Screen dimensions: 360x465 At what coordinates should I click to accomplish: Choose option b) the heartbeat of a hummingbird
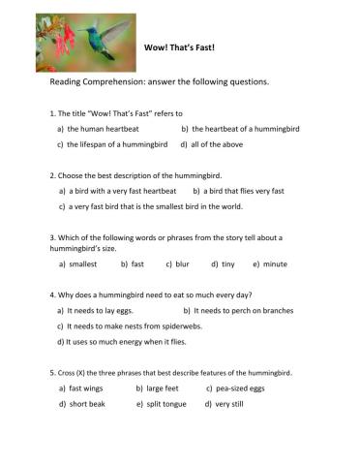pyautogui.click(x=237, y=128)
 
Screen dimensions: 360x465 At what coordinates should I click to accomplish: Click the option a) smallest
pyautogui.click(x=78, y=263)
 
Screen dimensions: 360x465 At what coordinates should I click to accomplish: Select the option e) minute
pyautogui.click(x=270, y=263)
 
